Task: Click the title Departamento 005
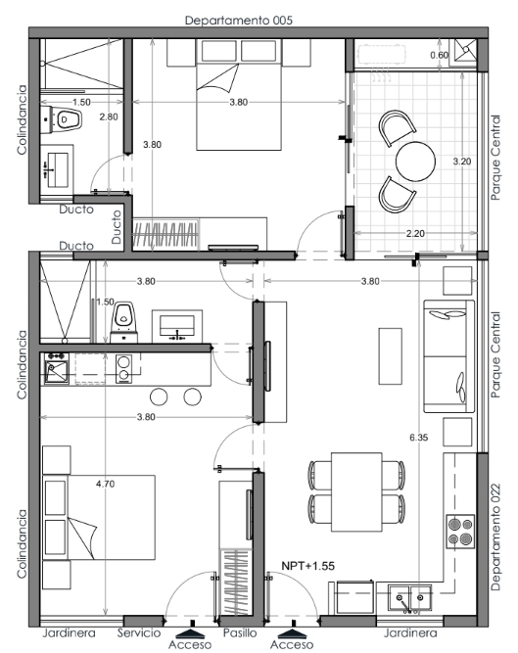tap(239, 20)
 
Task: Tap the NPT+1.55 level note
tap(308, 566)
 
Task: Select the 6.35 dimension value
tap(418, 438)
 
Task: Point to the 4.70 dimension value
tap(105, 484)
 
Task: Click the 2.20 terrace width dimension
tap(415, 233)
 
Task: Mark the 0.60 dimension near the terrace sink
tap(439, 55)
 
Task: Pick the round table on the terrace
tap(415, 162)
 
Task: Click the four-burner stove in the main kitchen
tap(460, 532)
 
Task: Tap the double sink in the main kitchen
tap(409, 598)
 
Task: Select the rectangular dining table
tap(356, 492)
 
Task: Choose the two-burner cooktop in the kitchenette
tap(123, 368)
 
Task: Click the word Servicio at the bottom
tap(139, 633)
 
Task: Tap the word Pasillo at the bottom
tap(240, 633)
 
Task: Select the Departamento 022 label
tap(495, 536)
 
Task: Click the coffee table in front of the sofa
tap(390, 356)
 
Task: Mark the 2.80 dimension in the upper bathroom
tap(109, 117)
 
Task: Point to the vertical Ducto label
tap(117, 226)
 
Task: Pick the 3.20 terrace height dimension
tap(462, 162)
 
